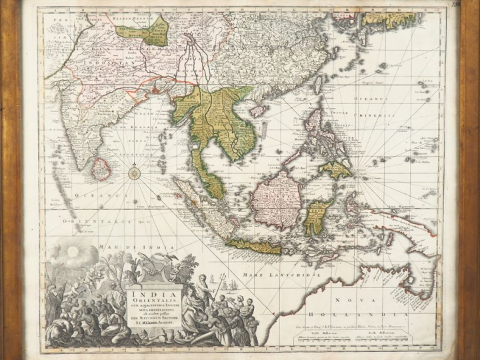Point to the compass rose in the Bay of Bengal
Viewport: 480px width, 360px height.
[135, 173]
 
